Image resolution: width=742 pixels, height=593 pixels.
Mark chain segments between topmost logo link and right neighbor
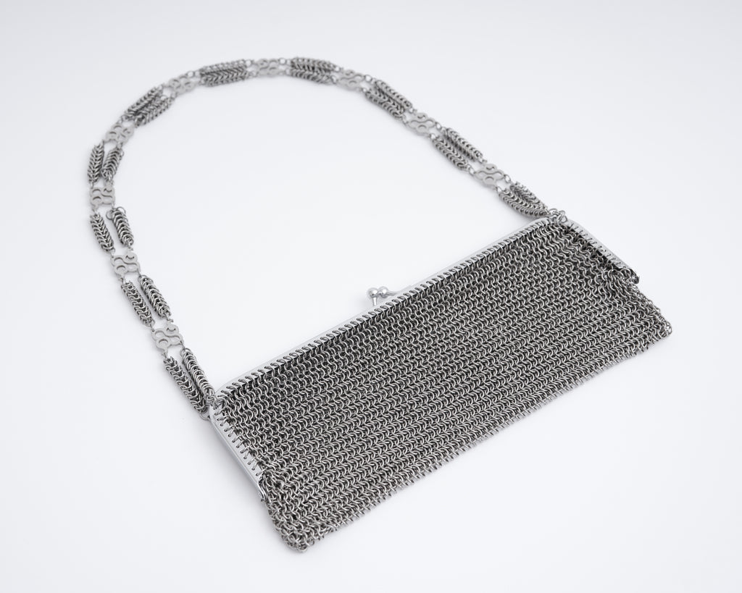312,70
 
